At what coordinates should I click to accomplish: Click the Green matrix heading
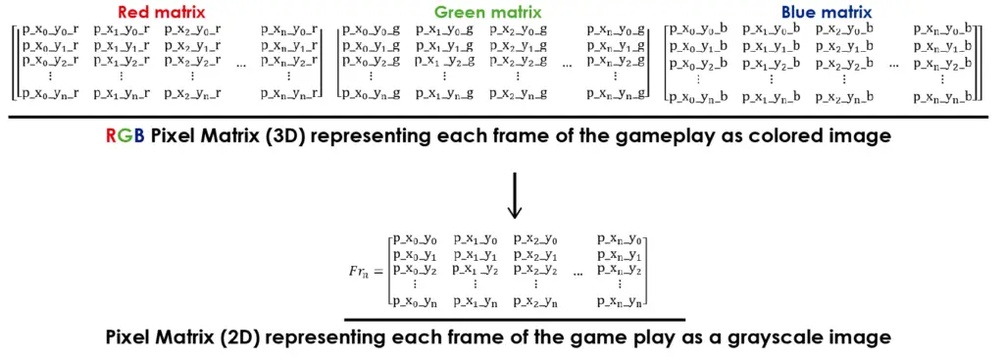pos(488,13)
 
